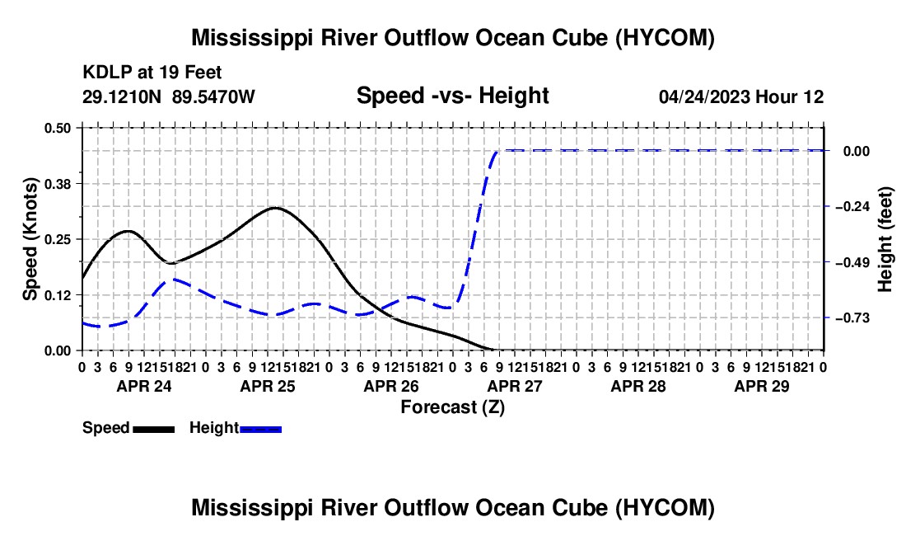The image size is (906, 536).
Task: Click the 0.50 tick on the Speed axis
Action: click(x=57, y=128)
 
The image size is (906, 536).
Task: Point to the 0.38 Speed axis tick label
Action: click(x=57, y=184)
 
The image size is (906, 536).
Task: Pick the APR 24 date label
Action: click(x=144, y=386)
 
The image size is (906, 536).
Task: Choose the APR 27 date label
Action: click(x=515, y=386)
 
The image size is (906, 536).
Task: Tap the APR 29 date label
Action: click(x=762, y=386)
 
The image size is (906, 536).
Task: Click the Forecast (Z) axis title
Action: click(x=453, y=407)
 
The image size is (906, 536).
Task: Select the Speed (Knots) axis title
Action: click(x=30, y=239)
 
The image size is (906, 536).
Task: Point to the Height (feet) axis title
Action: click(x=885, y=239)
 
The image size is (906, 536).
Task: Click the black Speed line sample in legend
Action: click(x=154, y=429)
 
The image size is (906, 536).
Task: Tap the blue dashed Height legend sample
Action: click(x=260, y=429)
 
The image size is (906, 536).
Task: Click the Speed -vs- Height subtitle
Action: click(x=452, y=96)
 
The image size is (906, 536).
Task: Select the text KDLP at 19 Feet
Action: click(x=152, y=73)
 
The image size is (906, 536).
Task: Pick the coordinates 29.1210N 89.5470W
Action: click(x=168, y=96)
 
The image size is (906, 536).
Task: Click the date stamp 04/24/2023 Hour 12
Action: click(x=741, y=96)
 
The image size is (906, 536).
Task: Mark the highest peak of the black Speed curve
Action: click(x=274, y=208)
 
